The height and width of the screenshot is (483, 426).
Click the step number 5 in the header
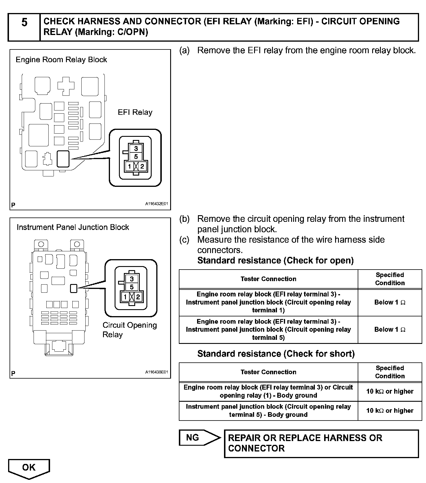(24, 23)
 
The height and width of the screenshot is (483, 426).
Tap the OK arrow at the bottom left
(29, 468)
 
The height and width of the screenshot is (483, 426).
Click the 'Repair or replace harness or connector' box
(321, 443)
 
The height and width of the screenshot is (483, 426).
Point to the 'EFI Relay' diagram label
(135, 112)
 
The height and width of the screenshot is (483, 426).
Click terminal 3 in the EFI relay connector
(136, 149)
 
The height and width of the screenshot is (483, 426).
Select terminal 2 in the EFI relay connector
(142, 166)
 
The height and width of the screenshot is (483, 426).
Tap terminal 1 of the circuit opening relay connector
(125, 297)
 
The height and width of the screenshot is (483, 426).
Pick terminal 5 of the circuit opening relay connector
(132, 287)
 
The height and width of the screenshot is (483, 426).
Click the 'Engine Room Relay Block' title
(61, 60)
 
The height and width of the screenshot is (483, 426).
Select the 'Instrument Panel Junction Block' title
(73, 227)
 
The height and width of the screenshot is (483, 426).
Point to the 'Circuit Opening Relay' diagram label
(129, 330)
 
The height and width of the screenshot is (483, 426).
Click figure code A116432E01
(156, 204)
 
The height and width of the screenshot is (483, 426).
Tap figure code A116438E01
(156, 372)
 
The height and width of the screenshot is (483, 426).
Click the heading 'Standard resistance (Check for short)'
(276, 353)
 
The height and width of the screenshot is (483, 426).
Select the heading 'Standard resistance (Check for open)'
(275, 260)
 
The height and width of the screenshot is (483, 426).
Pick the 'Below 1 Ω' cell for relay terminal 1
(390, 302)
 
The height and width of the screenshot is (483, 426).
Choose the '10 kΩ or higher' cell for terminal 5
(390, 410)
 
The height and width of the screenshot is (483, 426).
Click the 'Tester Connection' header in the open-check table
(268, 279)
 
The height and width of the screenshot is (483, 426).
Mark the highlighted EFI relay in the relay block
(63, 159)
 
